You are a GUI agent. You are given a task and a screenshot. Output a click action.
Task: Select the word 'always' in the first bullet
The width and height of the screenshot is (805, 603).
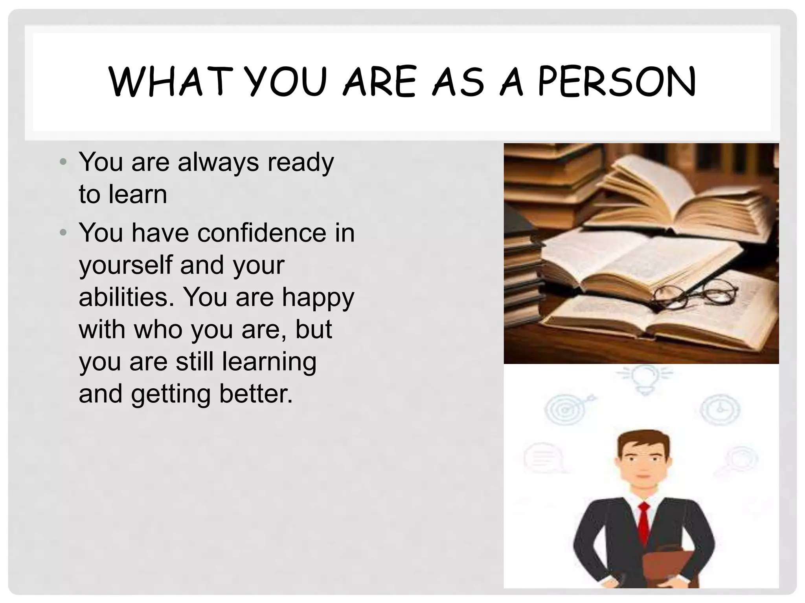[218, 162]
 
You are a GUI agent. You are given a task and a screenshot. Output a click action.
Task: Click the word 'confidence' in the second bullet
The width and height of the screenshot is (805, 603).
[262, 233]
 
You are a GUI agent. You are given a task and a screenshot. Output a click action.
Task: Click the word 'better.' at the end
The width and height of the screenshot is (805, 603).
[256, 394]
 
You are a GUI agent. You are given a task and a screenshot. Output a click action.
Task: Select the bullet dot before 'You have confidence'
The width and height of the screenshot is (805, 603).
[63, 233]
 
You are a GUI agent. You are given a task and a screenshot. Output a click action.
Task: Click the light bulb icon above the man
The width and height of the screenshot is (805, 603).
[644, 378]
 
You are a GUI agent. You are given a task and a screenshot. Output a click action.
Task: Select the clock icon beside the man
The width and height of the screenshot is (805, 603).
[720, 409]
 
